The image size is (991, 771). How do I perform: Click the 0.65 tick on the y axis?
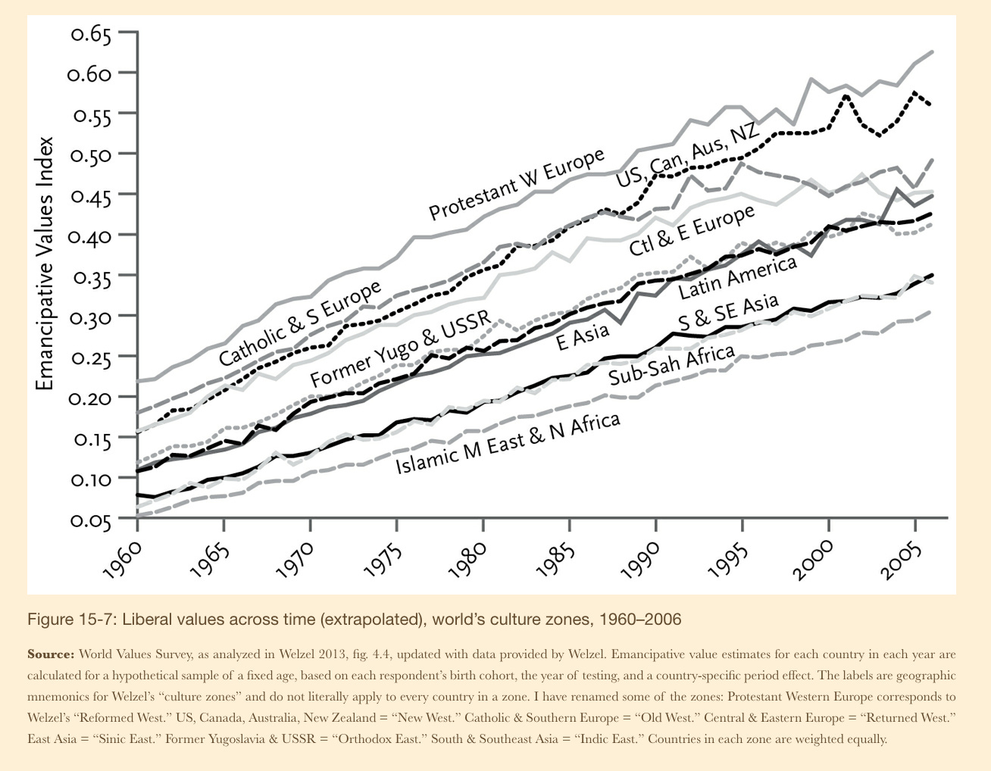91,34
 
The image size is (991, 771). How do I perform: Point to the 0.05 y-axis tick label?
91,521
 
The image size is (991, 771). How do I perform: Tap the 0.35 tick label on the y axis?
91,277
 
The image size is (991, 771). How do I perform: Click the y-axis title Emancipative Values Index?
46,263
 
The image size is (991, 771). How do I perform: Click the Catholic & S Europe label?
300,323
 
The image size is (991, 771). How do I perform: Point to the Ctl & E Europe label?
692,230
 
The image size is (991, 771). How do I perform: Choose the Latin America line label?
737,278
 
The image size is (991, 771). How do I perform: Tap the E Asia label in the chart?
582,336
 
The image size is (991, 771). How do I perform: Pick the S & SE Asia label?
727,311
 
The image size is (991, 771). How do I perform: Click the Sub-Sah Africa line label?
671,364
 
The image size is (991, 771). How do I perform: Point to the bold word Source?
50,654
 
